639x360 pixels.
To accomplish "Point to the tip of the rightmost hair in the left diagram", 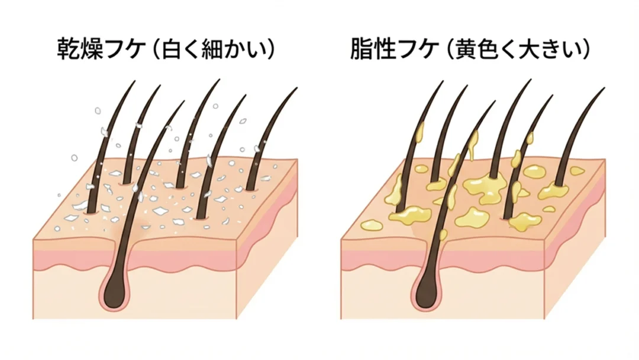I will click(x=296, y=89).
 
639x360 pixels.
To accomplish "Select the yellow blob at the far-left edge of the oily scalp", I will click(x=371, y=224).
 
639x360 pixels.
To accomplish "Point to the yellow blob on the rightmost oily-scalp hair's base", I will click(x=554, y=191).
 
